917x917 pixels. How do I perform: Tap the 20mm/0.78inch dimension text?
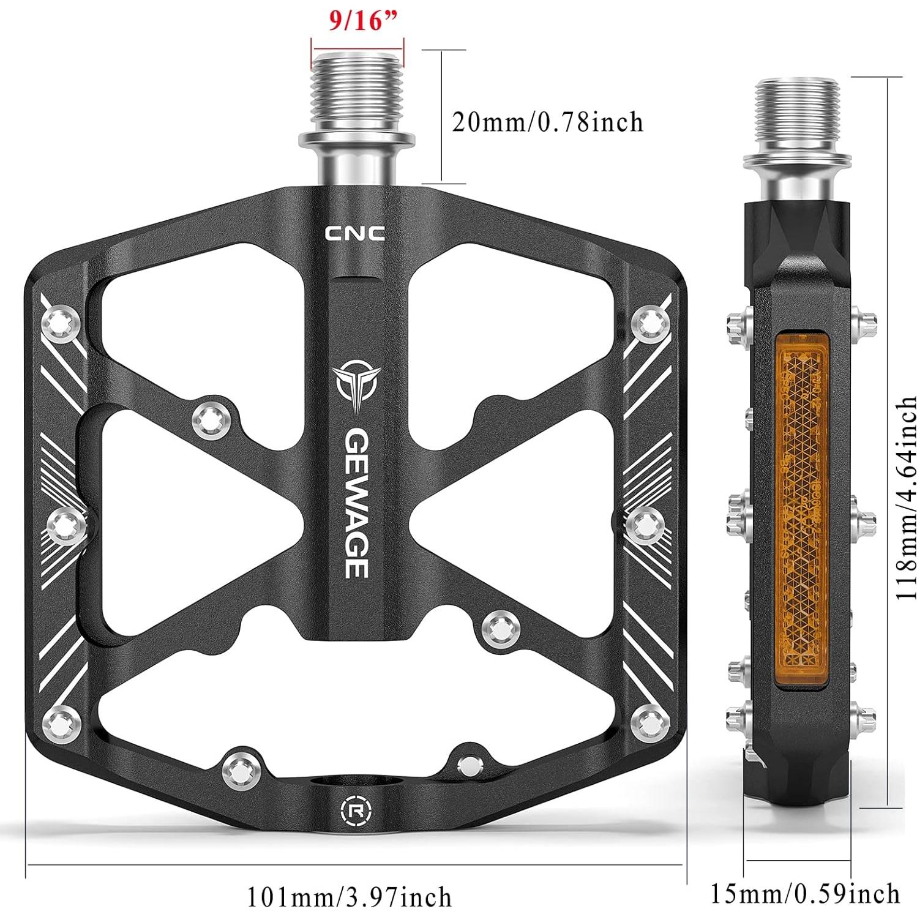(547, 122)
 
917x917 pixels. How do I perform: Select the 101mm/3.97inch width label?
(349, 898)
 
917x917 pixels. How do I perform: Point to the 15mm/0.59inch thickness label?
(804, 894)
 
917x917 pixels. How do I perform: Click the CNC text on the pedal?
(354, 233)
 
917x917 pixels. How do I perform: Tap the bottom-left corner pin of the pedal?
(62, 722)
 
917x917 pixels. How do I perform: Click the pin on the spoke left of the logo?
(211, 419)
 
